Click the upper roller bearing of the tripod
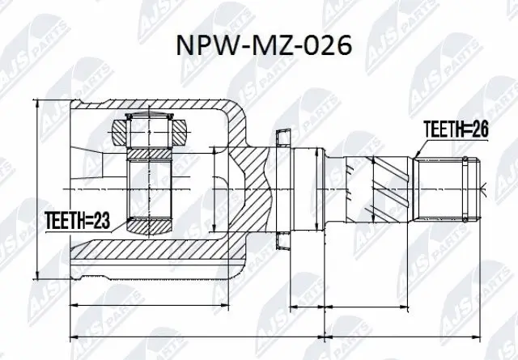tap(151, 126)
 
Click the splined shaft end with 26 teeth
tap(446, 187)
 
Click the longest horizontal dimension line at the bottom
tap(275, 335)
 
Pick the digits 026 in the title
tap(329, 44)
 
